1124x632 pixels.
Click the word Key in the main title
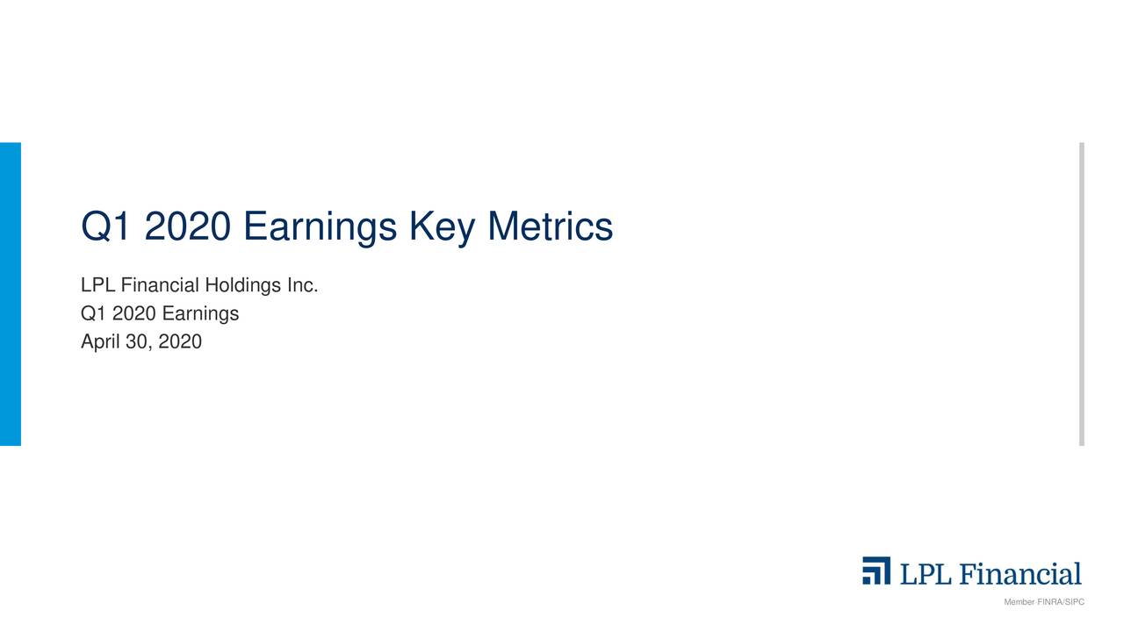442,227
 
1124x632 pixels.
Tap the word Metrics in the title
550,227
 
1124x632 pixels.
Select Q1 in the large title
106,227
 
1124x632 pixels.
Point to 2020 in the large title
187,227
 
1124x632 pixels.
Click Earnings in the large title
320,227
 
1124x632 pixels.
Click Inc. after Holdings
302,286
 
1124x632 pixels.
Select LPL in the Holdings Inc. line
98,286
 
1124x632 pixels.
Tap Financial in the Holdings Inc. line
160,286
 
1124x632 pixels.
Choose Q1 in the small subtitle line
92,314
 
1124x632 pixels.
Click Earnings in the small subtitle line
200,314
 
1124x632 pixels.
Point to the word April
100,342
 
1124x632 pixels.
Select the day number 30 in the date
137,342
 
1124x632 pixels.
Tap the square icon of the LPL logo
875,571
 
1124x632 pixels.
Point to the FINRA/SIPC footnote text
1044,602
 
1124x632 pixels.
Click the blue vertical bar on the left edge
10,294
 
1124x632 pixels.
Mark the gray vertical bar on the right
1081,294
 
